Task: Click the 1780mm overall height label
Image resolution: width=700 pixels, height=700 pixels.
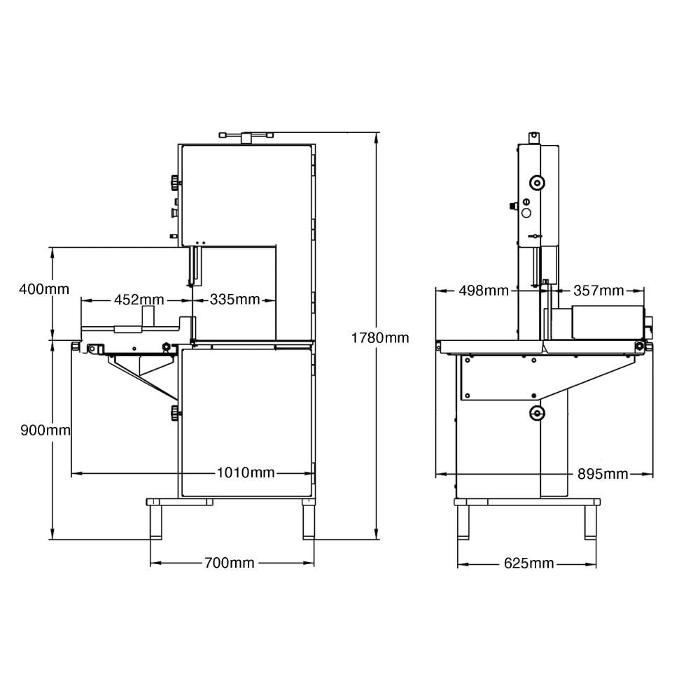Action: point(380,338)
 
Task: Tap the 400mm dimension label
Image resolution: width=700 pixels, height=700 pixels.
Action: point(44,289)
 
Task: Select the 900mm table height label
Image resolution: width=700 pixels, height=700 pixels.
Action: point(45,430)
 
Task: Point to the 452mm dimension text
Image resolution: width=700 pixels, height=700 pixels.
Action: point(139,299)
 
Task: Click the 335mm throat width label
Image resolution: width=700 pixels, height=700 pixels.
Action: point(234,299)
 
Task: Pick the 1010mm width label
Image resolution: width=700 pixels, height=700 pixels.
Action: point(246,472)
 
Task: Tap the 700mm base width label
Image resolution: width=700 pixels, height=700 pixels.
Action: point(230,563)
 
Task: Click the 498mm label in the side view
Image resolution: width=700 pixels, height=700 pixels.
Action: point(484,290)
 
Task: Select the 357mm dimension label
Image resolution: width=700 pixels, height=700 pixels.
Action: point(598,290)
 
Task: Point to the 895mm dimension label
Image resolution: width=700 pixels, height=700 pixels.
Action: point(603,473)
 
